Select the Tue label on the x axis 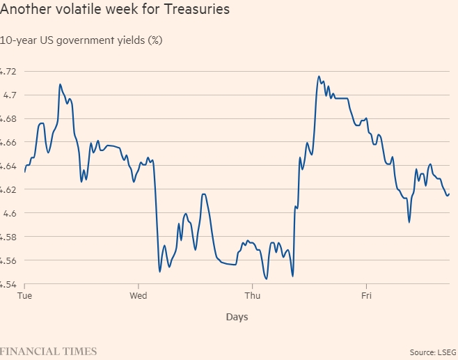pyautogui.click(x=25, y=295)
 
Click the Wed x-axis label pyautogui.click(x=139, y=295)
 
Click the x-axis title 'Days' pyautogui.click(x=237, y=317)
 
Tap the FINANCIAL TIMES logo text pyautogui.click(x=48, y=350)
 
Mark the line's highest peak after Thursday pyautogui.click(x=319, y=77)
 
